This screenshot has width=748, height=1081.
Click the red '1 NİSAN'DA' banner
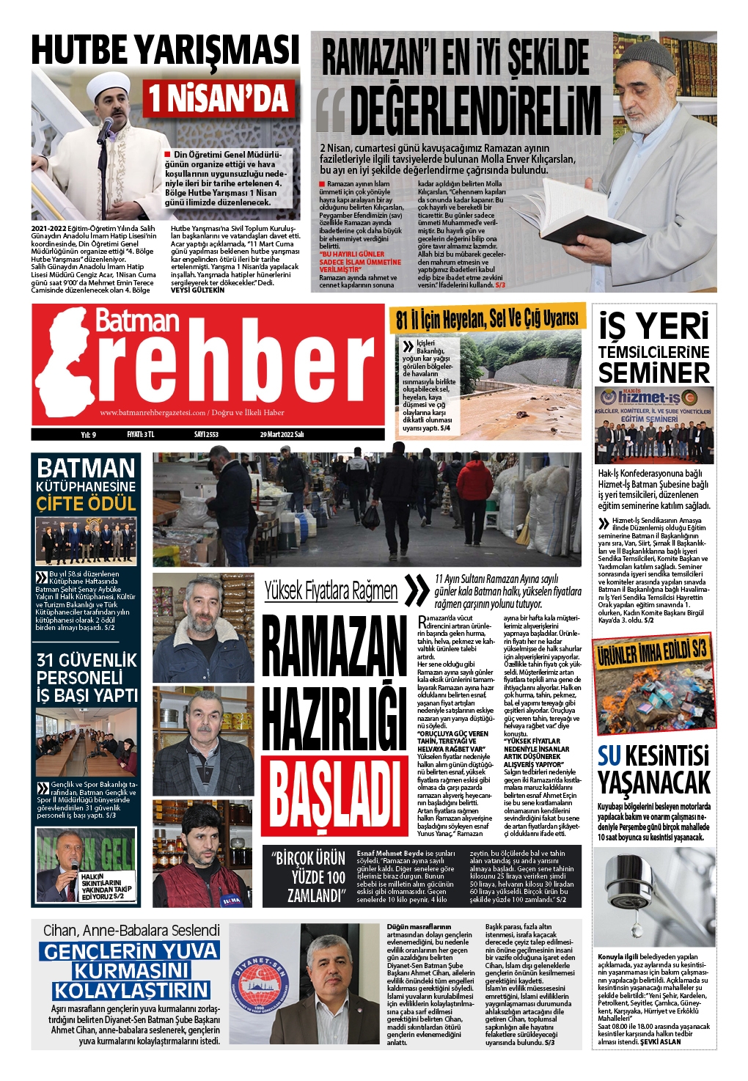click(219, 99)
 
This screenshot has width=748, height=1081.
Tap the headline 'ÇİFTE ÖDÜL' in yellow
click(87, 504)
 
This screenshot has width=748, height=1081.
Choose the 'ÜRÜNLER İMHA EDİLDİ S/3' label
click(652, 651)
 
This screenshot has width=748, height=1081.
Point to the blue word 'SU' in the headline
click(609, 756)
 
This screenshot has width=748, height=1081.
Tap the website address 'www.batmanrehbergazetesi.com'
click(153, 413)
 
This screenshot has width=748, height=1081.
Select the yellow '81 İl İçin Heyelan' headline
click(487, 318)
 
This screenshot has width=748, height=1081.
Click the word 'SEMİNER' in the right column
click(653, 373)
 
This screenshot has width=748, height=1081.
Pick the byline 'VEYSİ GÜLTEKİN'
click(197, 290)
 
